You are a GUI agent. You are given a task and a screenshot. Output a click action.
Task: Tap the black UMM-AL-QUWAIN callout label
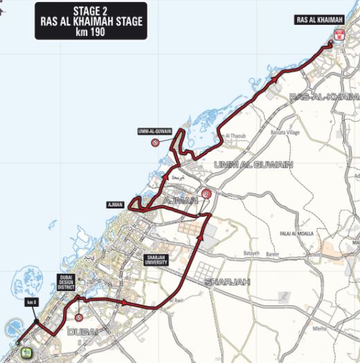point(154,130)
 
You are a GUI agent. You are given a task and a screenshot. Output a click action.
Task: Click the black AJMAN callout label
point(115,205)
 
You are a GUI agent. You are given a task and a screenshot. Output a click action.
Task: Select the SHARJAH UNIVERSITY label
point(156,260)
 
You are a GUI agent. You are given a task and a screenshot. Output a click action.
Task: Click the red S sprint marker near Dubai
point(80,317)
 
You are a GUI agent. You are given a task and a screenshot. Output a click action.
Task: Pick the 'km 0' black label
point(30,303)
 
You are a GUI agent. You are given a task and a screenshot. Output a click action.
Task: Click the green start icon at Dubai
point(27,353)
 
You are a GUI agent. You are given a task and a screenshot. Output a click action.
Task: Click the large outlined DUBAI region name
point(82,331)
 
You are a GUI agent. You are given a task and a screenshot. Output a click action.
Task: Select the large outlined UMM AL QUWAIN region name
point(253,165)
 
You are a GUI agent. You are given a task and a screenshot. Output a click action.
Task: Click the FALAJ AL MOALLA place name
point(294,234)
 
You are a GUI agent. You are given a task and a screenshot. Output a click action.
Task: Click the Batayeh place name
point(250,254)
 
